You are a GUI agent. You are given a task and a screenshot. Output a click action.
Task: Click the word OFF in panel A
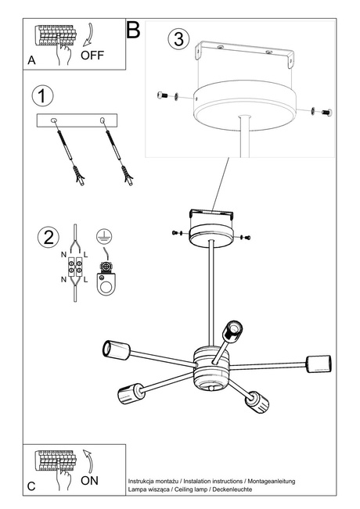click(x=92, y=56)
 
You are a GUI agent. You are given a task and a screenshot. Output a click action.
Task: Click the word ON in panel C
click(x=90, y=482)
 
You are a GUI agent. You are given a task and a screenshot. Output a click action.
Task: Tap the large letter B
click(x=133, y=30)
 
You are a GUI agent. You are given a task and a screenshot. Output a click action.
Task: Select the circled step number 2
click(x=48, y=236)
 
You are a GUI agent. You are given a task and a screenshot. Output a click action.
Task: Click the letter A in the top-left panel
click(x=31, y=59)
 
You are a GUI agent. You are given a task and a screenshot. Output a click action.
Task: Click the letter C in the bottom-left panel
click(x=31, y=486)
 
